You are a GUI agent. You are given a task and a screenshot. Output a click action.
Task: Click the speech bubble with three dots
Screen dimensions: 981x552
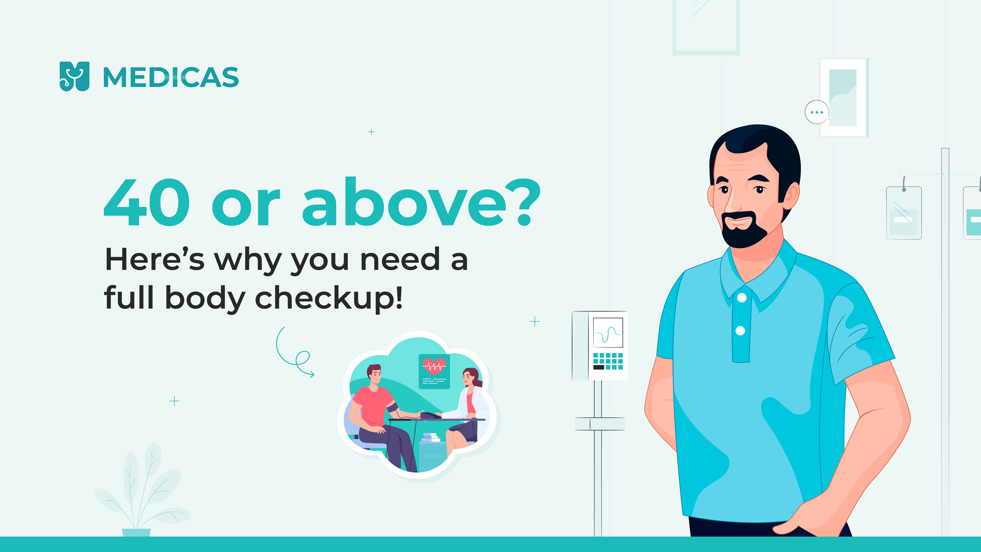pos(817,112)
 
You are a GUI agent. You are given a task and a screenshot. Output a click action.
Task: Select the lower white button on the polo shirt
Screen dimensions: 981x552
pos(740,331)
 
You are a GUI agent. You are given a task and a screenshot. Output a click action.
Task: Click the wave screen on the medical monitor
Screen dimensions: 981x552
pos(608,333)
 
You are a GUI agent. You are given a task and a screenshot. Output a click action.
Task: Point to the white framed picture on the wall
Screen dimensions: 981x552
pos(844,98)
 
